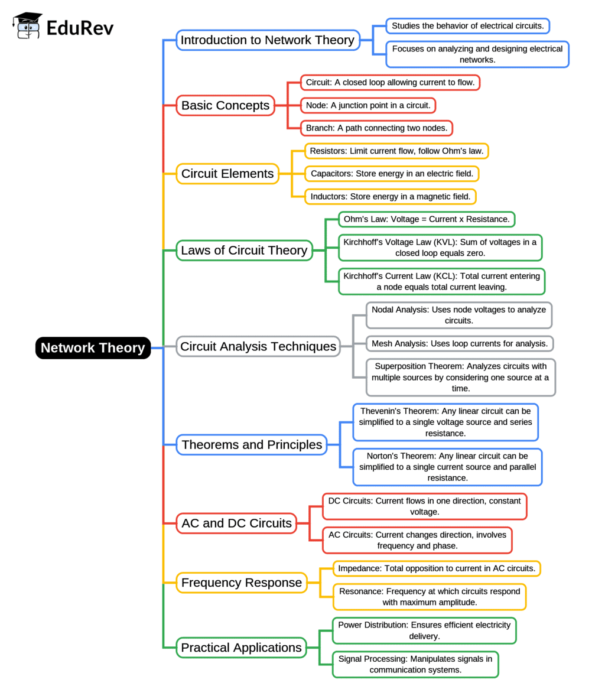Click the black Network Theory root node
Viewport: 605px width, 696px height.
click(93, 347)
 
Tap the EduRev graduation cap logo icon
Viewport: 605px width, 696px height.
click(28, 26)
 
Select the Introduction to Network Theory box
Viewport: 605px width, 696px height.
click(268, 40)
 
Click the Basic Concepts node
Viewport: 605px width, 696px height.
click(225, 105)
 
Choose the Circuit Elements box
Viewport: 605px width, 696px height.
click(227, 174)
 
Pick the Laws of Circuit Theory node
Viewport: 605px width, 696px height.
click(244, 251)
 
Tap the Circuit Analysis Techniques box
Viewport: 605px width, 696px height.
click(258, 346)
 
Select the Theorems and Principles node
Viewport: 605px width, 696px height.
click(252, 444)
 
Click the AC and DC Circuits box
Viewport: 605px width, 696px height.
click(236, 523)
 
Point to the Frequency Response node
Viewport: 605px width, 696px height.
click(241, 583)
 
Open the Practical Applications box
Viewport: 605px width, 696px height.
click(241, 648)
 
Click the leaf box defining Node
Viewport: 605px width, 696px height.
click(368, 105)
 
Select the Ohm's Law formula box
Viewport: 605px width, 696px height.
click(427, 219)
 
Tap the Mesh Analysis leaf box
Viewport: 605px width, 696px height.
click(460, 343)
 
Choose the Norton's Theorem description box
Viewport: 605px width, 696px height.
click(447, 467)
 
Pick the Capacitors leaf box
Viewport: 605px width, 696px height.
click(392, 174)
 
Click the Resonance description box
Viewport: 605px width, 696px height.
click(430, 597)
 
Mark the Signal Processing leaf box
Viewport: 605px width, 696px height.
click(415, 664)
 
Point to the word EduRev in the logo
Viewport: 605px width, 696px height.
click(80, 27)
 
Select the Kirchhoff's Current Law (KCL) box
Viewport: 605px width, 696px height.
click(441, 281)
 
